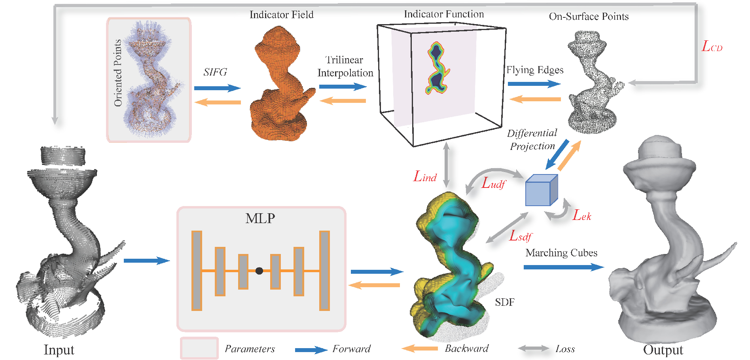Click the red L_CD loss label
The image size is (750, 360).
(x=712, y=46)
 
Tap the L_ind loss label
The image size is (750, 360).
(x=425, y=176)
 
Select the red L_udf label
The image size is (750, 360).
(x=493, y=183)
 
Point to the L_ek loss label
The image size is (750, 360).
(x=581, y=215)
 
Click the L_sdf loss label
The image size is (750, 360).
(x=520, y=236)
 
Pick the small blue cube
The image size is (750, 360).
(x=541, y=191)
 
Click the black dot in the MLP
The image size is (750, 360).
(x=259, y=271)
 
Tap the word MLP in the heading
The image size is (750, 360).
(x=260, y=218)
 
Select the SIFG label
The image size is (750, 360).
(x=215, y=72)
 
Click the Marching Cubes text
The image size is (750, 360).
(x=561, y=253)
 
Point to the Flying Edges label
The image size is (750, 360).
(x=535, y=70)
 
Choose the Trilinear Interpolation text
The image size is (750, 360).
(x=345, y=66)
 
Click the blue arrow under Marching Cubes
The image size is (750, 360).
(x=563, y=267)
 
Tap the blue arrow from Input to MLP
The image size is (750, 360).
(x=146, y=260)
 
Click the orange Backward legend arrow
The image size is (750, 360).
(x=420, y=349)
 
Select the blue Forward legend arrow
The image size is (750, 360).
(x=311, y=350)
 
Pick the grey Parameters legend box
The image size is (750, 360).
(x=199, y=348)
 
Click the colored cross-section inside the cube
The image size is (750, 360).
(x=437, y=68)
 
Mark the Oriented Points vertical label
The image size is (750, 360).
(x=117, y=73)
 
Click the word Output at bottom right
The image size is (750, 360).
(x=663, y=350)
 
